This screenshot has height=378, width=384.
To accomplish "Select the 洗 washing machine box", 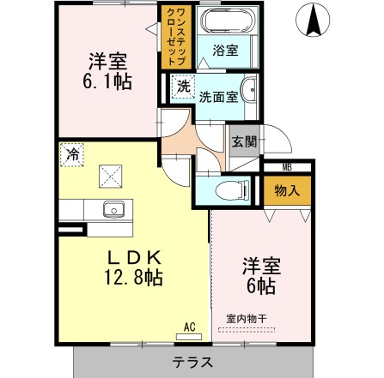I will click(x=182, y=86).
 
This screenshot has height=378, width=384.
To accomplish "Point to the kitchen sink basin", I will click(x=114, y=208).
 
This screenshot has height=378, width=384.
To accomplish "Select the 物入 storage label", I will click(x=287, y=189).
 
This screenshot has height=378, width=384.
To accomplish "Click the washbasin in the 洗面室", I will click(x=248, y=88).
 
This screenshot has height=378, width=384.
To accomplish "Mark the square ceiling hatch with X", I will click(x=111, y=177).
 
